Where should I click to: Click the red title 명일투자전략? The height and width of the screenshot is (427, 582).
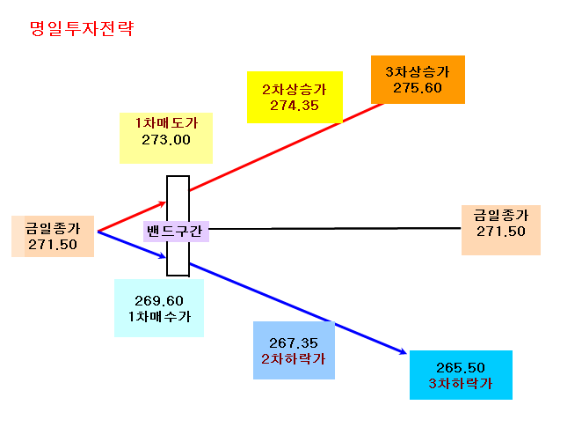(81, 29)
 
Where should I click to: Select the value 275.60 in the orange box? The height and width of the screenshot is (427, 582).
(418, 88)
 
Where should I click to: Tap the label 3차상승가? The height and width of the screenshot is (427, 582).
(418, 71)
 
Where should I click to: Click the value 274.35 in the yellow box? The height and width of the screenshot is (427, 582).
(295, 106)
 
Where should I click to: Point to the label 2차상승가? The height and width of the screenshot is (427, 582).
(295, 89)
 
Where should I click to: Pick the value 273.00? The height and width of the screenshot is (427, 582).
(166, 140)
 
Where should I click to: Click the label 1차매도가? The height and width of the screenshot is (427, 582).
(166, 123)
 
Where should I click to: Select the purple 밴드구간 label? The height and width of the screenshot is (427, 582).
(175, 232)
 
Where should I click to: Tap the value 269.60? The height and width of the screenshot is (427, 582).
(159, 300)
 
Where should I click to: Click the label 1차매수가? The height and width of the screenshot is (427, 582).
(159, 317)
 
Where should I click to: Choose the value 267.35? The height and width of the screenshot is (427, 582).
(294, 343)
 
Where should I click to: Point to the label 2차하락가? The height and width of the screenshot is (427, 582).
(294, 359)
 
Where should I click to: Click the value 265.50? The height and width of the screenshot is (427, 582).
(461, 368)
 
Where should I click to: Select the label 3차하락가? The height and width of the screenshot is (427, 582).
(461, 384)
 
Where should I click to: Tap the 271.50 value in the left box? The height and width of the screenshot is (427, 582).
(53, 245)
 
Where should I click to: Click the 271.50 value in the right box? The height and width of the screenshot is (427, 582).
(501, 232)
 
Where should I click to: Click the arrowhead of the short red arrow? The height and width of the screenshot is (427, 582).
(163, 203)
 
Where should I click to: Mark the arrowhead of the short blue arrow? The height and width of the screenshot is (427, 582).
(163, 256)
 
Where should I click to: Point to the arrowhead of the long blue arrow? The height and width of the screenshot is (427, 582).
(404, 352)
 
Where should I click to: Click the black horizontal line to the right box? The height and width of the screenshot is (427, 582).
(335, 229)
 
